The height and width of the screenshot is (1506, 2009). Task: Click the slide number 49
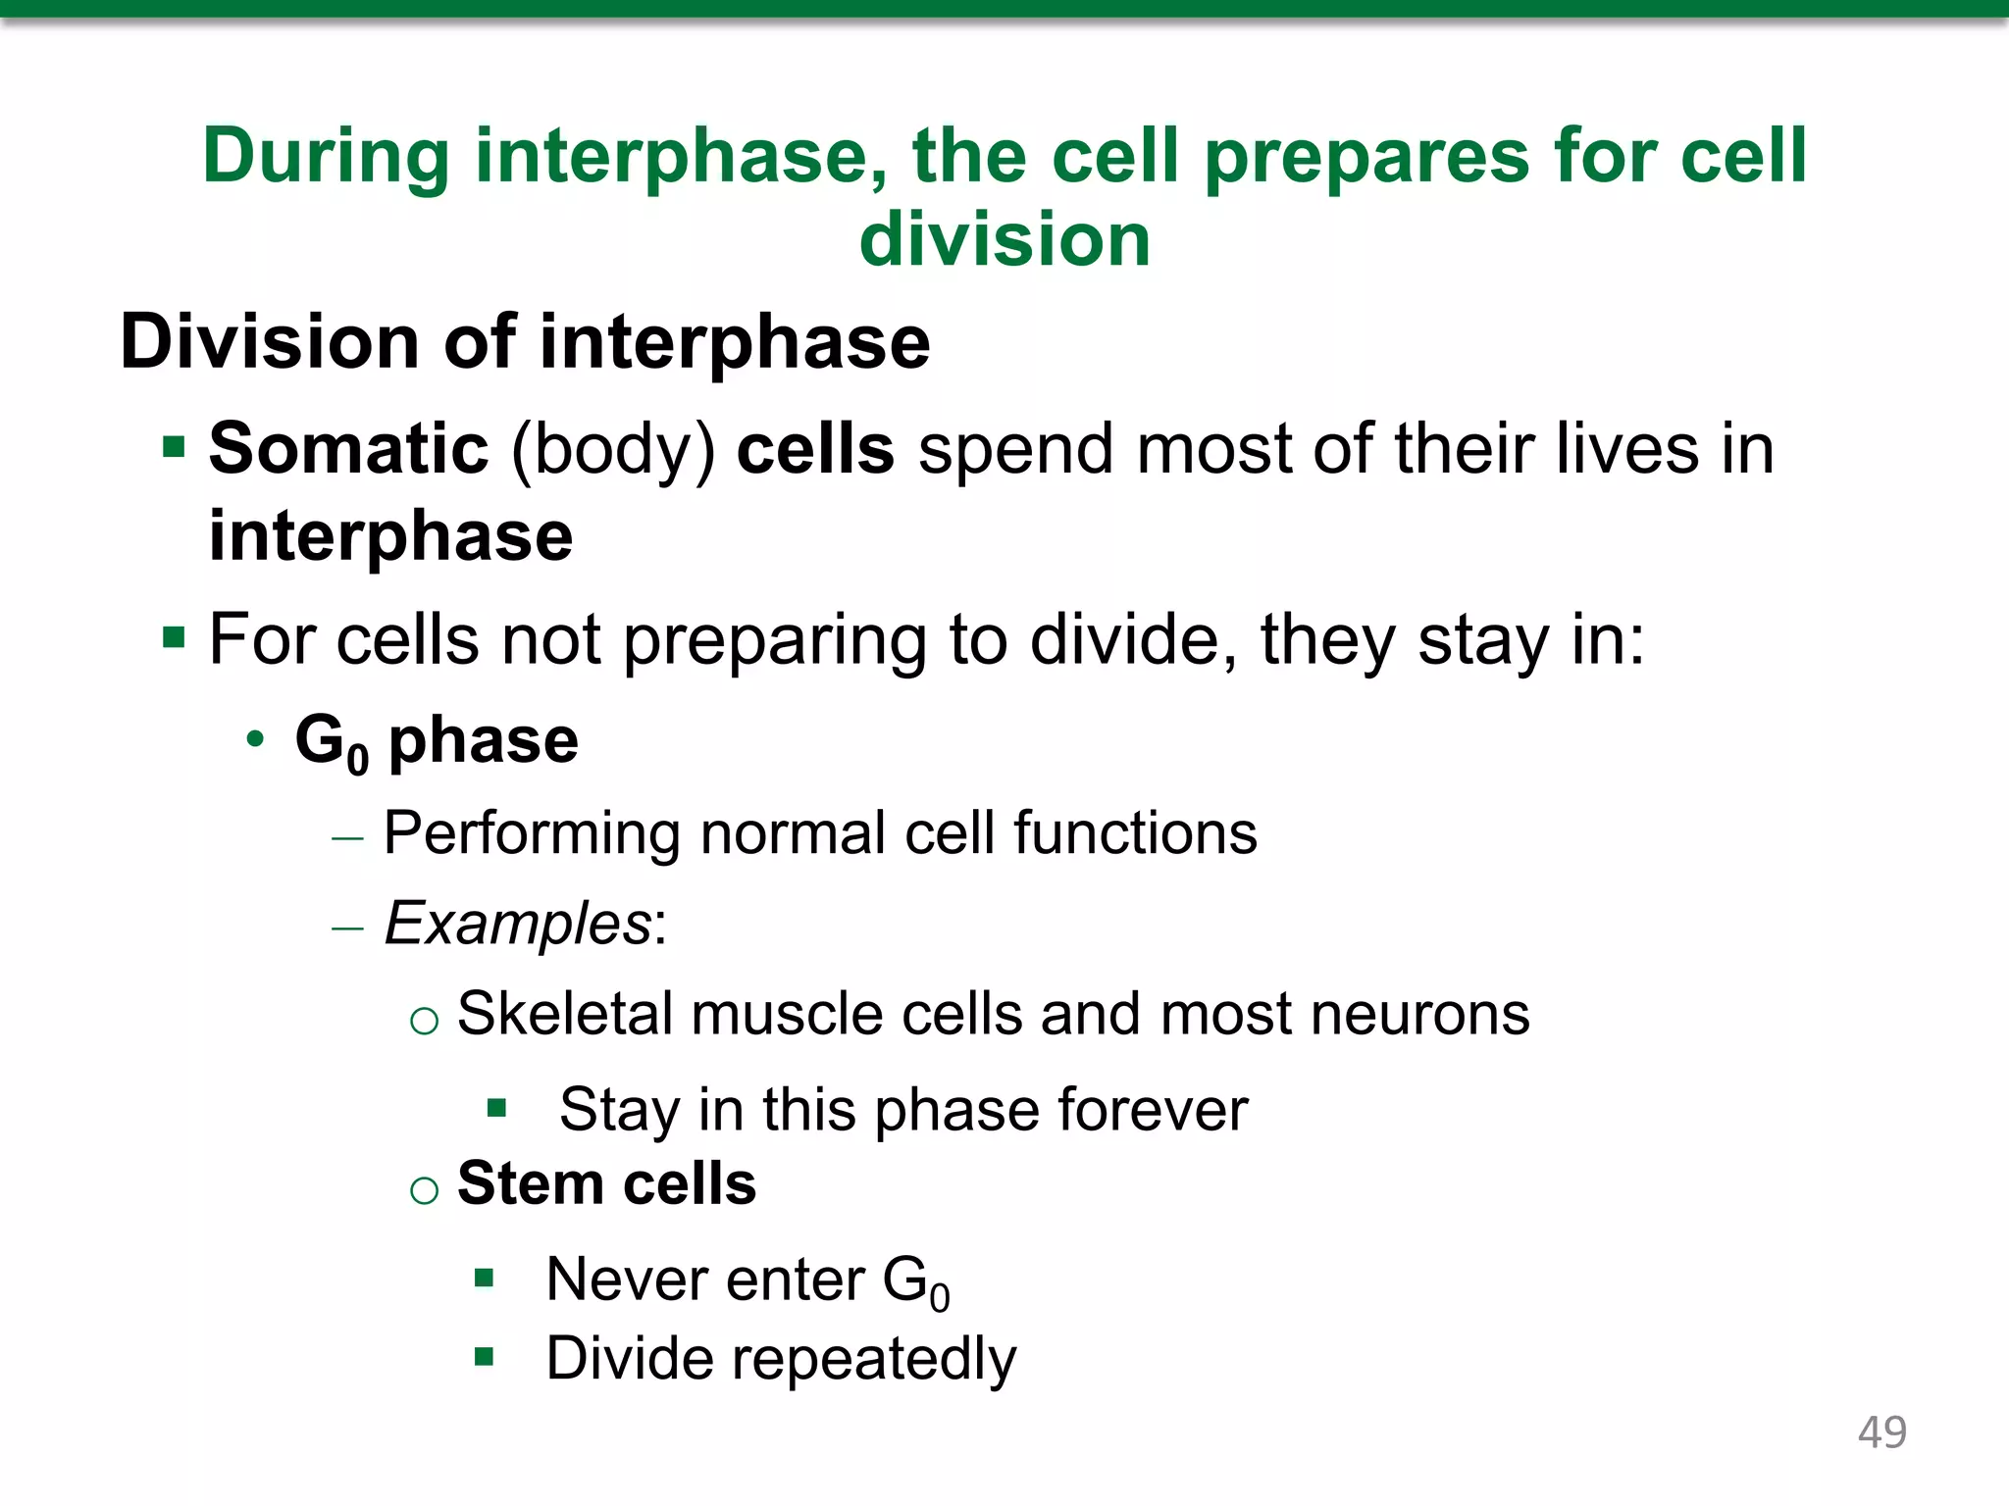1881,1432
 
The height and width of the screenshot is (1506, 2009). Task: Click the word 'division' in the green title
1004,239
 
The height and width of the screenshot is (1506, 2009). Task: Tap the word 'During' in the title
326,157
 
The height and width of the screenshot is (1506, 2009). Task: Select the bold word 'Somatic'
348,449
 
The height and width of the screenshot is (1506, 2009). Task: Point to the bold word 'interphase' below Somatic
390,536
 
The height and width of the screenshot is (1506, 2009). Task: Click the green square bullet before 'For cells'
175,639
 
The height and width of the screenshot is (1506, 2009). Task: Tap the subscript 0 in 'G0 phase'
358,760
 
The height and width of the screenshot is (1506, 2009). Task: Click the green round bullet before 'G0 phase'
255,739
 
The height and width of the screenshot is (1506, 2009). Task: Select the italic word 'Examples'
518,924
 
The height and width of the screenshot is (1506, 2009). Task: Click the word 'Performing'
531,834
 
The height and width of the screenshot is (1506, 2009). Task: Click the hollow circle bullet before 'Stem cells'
424,1190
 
